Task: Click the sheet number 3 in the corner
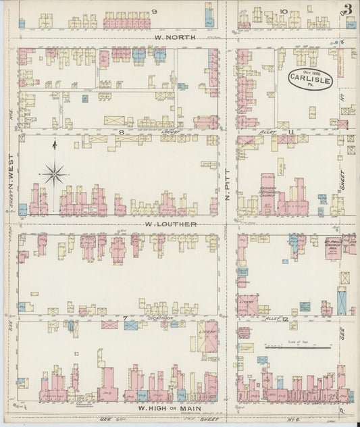coord(347,9)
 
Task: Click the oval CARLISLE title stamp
coord(310,80)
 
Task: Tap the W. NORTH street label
coord(175,38)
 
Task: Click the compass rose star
coord(54,174)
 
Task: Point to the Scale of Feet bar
coord(297,347)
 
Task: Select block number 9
coord(155,11)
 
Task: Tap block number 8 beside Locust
coord(122,133)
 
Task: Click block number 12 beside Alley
coord(291,317)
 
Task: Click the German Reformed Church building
coord(269,193)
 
